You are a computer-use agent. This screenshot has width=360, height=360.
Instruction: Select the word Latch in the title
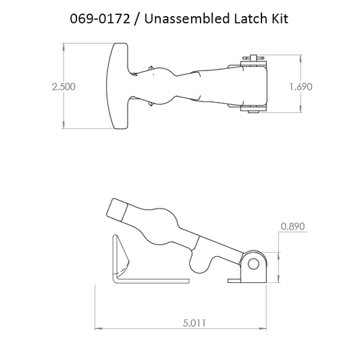pos(246,19)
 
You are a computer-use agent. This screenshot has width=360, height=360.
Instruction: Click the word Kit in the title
pos(278,19)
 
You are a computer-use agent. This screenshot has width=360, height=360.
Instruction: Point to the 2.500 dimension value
pos(63,86)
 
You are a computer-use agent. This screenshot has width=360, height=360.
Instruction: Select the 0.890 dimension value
pos(291,228)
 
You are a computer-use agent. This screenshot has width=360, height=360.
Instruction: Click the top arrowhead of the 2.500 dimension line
pos(63,46)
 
